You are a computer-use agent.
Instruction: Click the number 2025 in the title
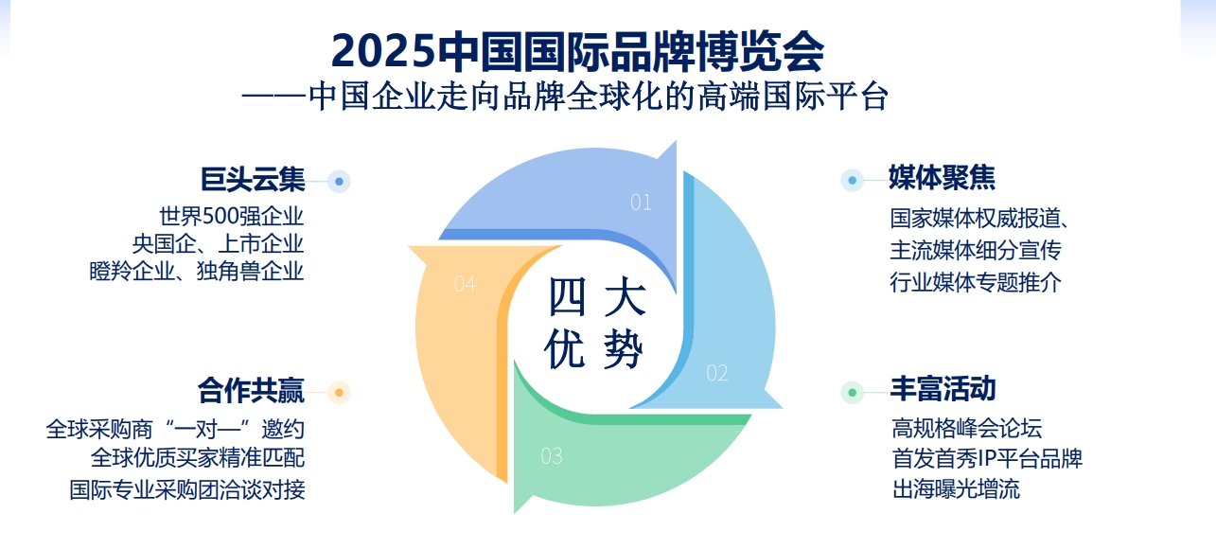pos(384,51)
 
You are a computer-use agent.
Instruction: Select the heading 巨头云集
pos(253,179)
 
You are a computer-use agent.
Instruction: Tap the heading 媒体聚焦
pos(942,178)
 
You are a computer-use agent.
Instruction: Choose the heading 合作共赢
pos(251,390)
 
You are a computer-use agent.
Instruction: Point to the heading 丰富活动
pos(943,389)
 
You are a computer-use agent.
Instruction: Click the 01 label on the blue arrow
pos(641,203)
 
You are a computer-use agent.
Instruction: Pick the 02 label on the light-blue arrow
pos(717,373)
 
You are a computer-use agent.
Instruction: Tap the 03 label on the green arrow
pos(552,456)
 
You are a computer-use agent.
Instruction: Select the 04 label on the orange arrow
pos(465,284)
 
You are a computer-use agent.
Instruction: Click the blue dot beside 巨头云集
pos(340,182)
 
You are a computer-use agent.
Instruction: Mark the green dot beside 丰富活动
pos(853,392)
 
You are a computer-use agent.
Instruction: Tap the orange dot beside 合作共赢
pos(340,392)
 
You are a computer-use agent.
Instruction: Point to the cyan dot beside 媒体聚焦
pos(853,180)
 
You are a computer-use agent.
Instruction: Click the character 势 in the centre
pos(624,349)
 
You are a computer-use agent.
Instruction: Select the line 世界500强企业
pos(231,217)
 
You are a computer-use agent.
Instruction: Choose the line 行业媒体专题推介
pos(976,282)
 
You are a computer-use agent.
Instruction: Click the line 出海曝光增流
pos(956,488)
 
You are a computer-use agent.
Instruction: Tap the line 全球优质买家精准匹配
pos(198,458)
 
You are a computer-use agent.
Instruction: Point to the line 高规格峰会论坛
pos(967,429)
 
